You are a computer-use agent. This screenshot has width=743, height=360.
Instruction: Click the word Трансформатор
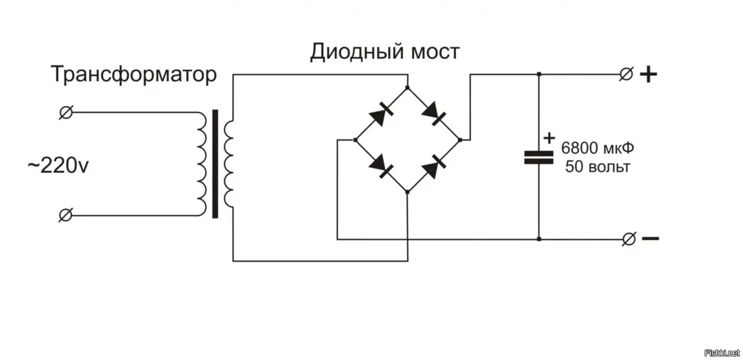(134, 75)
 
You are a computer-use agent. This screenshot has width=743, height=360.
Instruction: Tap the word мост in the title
(435, 52)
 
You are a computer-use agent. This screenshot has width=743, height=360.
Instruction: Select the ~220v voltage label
(58, 166)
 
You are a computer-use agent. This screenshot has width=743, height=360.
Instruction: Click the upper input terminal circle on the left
(66, 113)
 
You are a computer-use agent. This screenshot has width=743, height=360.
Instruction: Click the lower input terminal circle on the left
(66, 215)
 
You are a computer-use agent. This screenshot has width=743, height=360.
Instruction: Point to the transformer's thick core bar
(215, 164)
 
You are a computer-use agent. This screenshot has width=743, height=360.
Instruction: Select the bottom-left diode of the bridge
(381, 165)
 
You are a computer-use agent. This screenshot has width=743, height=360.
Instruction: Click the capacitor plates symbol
(539, 157)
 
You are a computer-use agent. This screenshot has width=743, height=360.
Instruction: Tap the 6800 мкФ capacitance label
(598, 148)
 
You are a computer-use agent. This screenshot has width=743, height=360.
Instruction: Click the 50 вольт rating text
(597, 167)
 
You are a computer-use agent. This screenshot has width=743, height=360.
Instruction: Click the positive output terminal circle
(626, 74)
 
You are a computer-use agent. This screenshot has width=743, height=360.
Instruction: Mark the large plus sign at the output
(648, 74)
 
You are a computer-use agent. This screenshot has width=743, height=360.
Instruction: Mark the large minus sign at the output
(650, 238)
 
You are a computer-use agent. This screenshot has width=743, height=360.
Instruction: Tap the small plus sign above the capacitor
(549, 138)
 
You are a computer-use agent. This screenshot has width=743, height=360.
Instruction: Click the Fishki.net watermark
(722, 353)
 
